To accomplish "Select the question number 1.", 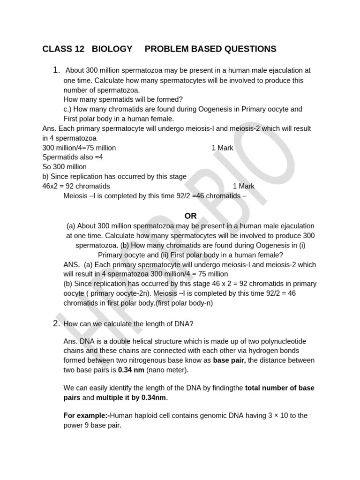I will pyautogui.click(x=56, y=70).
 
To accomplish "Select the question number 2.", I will pyautogui.click(x=56, y=323).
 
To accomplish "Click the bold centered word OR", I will pyautogui.click(x=190, y=216).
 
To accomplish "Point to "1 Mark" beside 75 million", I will pyautogui.click(x=222, y=148).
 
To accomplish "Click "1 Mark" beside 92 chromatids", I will pyautogui.click(x=243, y=186).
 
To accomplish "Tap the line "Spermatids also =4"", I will pyautogui.click(x=73, y=157).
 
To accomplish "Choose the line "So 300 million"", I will pyautogui.click(x=64, y=167).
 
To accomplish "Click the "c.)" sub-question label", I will pyautogui.click(x=69, y=109).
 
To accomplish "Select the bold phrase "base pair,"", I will pyautogui.click(x=229, y=360).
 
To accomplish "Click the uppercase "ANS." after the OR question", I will pyautogui.click(x=72, y=264).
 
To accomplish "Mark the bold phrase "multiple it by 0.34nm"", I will pyautogui.click(x=131, y=397).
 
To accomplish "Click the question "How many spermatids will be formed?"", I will pyautogui.click(x=123, y=99).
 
